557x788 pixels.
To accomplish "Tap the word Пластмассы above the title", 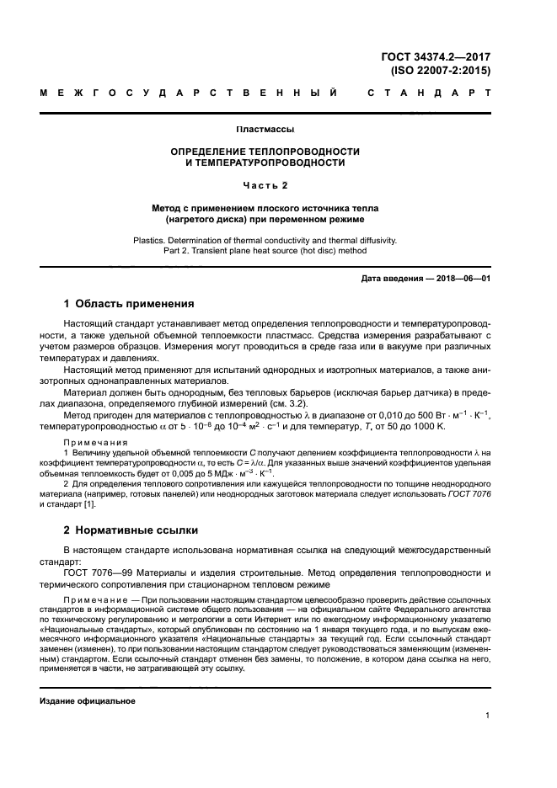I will point(265,130).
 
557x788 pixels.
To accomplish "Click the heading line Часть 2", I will point(265,184).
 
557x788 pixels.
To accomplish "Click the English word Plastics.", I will point(153,239).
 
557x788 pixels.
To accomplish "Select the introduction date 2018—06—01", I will point(456,278).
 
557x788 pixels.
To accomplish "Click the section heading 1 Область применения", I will point(130,304).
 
